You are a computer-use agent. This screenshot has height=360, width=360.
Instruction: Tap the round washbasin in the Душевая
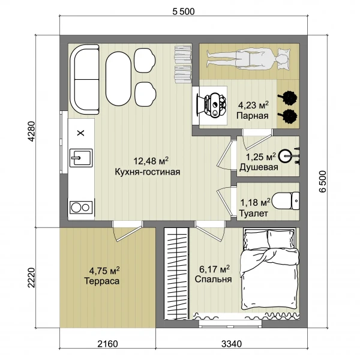click(285, 156)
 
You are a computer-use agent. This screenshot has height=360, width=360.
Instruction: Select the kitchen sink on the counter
click(81, 158)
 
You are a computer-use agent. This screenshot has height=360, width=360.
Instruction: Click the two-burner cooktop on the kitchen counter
click(82, 208)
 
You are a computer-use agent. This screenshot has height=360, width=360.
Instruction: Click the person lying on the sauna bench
click(247, 59)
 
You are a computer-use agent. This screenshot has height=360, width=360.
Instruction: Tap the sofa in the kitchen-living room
click(85, 79)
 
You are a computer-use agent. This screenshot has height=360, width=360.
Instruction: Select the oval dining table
click(118, 79)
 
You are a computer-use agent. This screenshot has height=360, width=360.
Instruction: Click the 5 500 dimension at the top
click(184, 11)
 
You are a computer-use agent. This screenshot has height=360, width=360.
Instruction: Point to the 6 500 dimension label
click(323, 181)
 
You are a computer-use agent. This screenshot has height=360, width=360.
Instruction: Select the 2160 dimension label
click(107, 344)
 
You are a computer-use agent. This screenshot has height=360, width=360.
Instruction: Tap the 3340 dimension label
click(232, 344)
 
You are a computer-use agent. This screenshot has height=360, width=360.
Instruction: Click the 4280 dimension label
click(31, 131)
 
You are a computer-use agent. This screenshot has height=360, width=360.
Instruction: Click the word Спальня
click(213, 279)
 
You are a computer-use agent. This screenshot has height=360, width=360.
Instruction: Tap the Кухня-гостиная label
click(148, 172)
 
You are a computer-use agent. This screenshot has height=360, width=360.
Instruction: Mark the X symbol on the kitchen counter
click(80, 133)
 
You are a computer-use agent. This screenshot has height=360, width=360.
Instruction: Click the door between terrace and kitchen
click(128, 230)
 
